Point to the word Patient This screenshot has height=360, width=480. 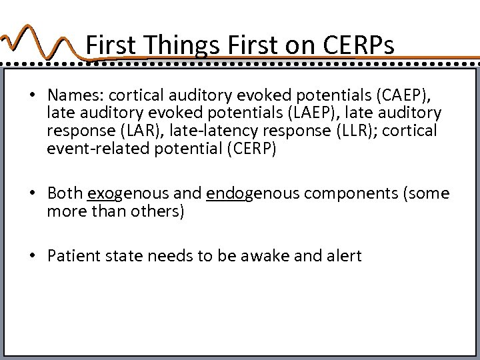click(73, 256)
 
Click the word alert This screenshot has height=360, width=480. click(343, 256)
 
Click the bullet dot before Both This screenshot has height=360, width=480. click(32, 194)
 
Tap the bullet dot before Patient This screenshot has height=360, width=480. click(32, 256)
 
